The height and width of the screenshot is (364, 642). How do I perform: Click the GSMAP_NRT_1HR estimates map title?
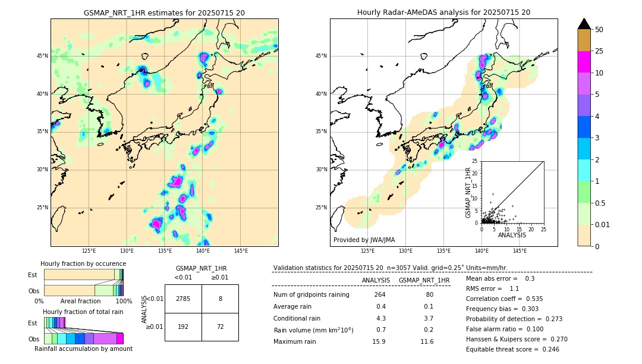click(164, 12)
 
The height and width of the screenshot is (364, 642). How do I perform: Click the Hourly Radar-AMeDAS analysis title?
click(443, 12)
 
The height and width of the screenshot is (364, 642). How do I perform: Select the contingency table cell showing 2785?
click(183, 299)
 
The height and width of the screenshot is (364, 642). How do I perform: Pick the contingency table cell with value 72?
click(220, 327)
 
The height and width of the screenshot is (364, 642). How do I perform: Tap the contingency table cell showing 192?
click(183, 327)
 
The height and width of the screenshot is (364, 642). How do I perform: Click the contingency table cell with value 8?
click(220, 299)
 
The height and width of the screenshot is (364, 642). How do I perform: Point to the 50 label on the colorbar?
click(599, 30)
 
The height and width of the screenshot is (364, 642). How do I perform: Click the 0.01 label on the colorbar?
click(603, 224)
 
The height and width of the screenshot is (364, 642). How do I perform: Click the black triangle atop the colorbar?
click(584, 24)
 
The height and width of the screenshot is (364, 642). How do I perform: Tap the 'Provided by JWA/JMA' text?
click(364, 240)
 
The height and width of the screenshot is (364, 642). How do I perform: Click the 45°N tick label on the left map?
click(42, 56)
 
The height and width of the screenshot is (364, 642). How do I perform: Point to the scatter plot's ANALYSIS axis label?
click(512, 235)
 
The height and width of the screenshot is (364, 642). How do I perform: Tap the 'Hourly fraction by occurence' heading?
click(83, 263)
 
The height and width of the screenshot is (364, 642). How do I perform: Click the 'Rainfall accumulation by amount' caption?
click(83, 349)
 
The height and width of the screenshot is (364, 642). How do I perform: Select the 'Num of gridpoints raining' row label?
click(311, 294)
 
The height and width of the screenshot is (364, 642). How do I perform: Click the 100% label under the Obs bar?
click(124, 301)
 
